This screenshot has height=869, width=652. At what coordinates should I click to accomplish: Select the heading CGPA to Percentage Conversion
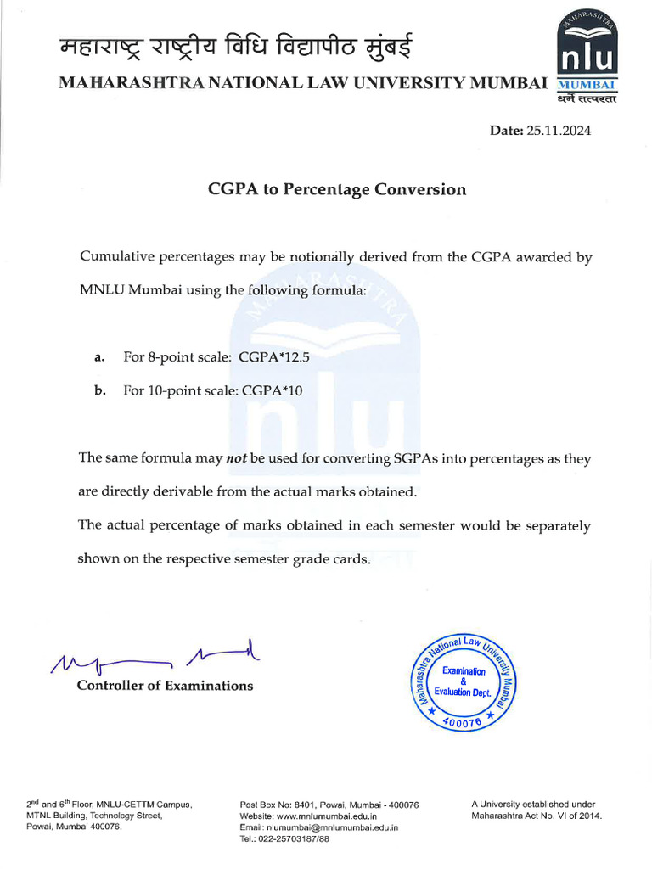(337, 189)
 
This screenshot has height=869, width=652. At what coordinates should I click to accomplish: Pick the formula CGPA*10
(273, 390)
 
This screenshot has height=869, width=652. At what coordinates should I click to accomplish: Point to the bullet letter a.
(99, 357)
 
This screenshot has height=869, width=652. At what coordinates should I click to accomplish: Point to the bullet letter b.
(99, 390)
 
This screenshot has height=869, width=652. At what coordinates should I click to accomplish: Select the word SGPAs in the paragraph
(417, 458)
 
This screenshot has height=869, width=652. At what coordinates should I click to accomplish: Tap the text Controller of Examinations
(165, 686)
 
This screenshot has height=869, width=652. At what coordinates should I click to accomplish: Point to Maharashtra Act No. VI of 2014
(535, 816)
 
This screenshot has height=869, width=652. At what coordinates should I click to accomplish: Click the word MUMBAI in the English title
(508, 83)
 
